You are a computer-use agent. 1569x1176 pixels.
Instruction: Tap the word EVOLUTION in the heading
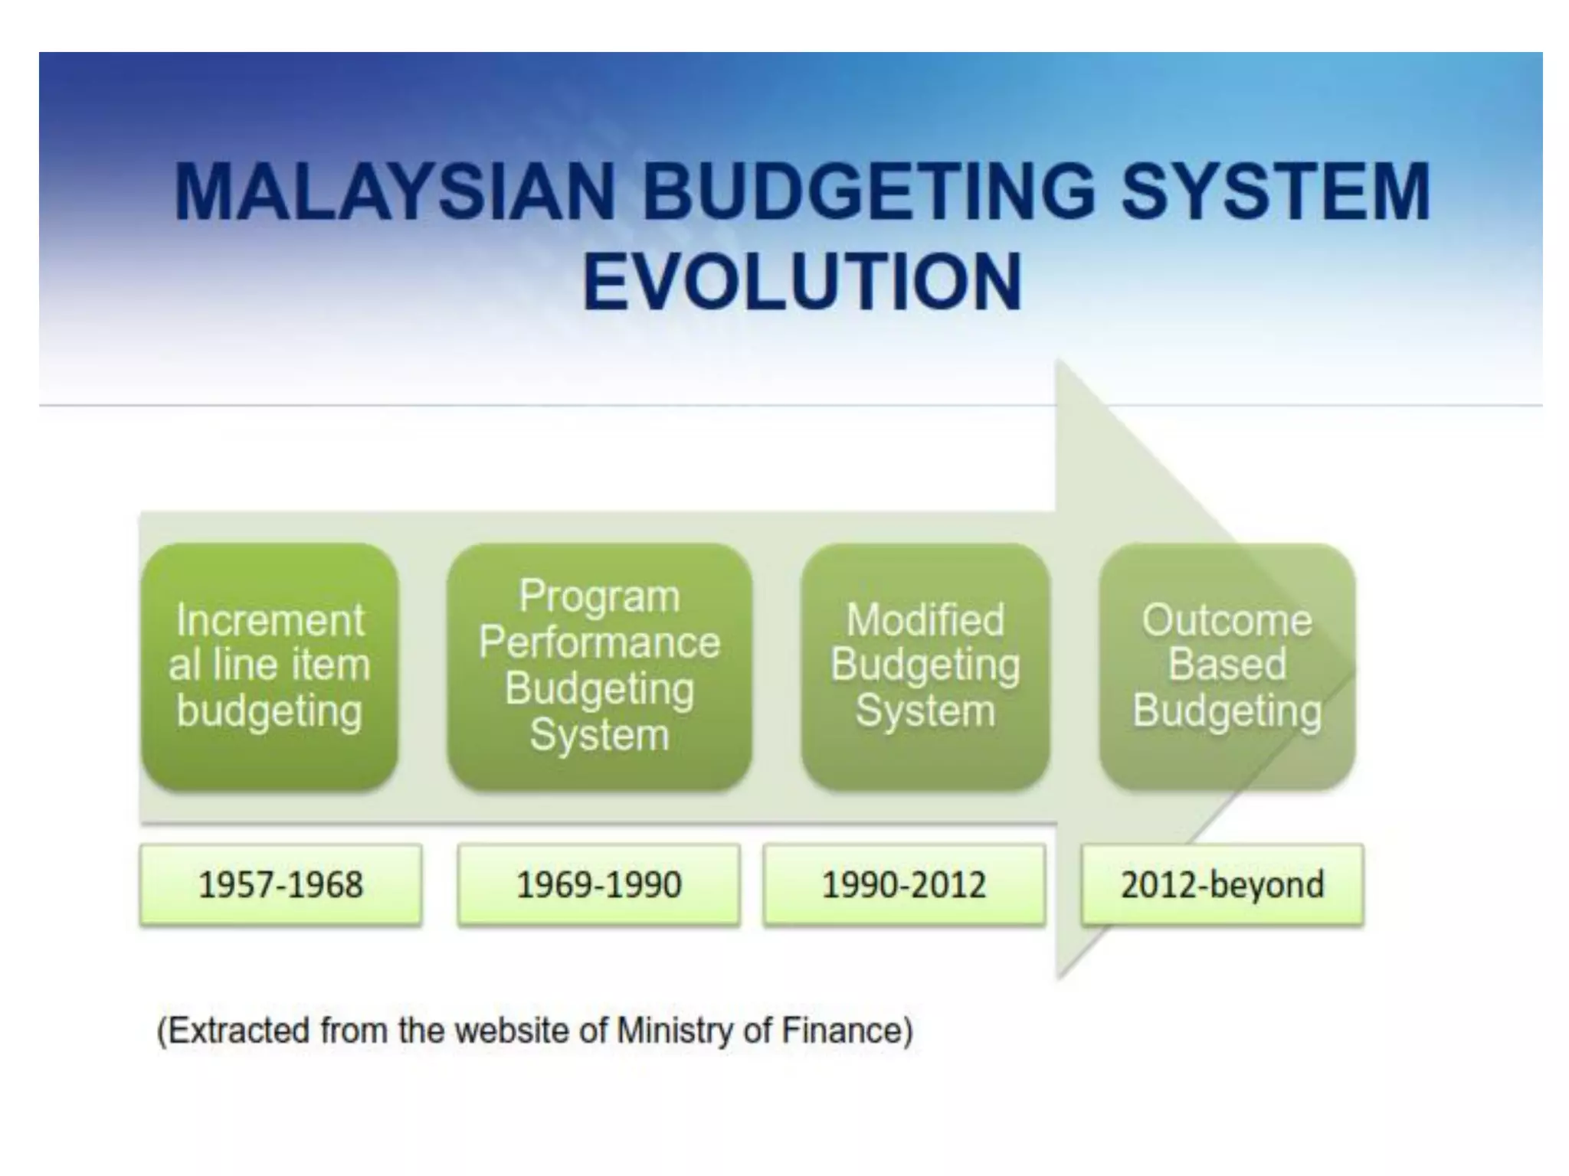pos(802,283)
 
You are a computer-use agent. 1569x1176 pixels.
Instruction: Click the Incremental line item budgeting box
pos(270,666)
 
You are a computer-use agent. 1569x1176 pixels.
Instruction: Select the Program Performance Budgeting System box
pos(599,666)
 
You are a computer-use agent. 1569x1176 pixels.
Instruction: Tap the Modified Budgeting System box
pos(925,666)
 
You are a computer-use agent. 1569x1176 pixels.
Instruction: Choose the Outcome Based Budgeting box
pos(1227,666)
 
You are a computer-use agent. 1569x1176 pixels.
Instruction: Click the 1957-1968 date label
pos(280,885)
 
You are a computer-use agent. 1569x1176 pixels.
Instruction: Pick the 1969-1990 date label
pos(598,885)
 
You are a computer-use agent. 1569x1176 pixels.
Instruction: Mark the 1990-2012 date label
pos(903,885)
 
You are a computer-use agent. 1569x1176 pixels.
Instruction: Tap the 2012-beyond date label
pos(1222,885)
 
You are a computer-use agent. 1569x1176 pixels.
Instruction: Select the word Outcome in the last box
pos(1227,619)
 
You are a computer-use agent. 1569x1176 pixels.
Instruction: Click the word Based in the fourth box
pos(1227,664)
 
